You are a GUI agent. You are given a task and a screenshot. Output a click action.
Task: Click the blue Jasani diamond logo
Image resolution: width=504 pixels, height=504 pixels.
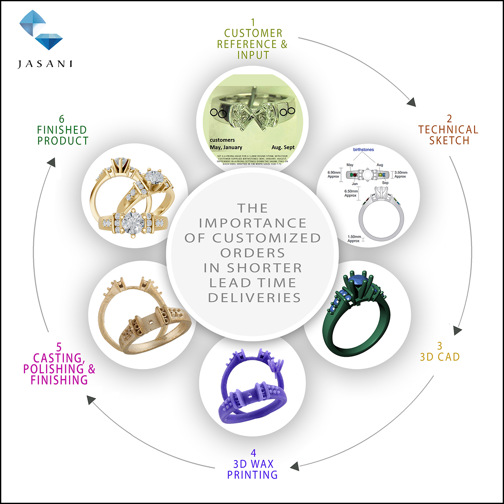41,30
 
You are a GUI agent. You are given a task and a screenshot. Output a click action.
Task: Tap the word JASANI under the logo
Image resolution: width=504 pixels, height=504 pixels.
45,64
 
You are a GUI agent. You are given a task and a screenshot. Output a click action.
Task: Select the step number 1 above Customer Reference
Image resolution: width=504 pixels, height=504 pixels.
253,22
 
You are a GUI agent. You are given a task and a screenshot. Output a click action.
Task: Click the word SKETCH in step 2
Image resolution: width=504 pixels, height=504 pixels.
449,141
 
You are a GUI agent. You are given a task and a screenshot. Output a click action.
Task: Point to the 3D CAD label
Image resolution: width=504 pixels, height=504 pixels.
440,357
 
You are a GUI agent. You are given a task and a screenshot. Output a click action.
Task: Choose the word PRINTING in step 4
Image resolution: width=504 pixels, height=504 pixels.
252,475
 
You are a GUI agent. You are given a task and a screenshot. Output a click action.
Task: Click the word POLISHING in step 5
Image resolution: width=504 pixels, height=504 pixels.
53,369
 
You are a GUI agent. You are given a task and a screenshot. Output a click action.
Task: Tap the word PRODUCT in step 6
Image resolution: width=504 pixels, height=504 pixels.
63,141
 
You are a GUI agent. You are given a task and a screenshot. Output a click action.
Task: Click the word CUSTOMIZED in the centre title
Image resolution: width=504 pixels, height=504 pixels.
267,238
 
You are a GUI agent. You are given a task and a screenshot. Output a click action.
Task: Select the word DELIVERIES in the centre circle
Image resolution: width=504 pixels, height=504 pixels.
254,298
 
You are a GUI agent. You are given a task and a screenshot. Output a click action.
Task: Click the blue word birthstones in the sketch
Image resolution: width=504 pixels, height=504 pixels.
364,150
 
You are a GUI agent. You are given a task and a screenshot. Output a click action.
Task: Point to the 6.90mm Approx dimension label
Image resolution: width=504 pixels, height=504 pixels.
333,174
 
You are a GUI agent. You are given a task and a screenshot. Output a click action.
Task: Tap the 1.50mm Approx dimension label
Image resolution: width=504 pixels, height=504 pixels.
354,239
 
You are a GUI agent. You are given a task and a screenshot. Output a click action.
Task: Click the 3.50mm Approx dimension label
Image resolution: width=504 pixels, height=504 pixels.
401,174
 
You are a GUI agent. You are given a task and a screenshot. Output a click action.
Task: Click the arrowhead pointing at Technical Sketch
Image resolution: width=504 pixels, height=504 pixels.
411,102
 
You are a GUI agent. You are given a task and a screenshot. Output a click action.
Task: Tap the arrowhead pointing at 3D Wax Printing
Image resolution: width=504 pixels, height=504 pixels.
295,466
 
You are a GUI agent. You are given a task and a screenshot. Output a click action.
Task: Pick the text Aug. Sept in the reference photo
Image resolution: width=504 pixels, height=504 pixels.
283,147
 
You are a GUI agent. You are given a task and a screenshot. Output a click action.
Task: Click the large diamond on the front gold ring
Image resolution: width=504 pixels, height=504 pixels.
133,221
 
